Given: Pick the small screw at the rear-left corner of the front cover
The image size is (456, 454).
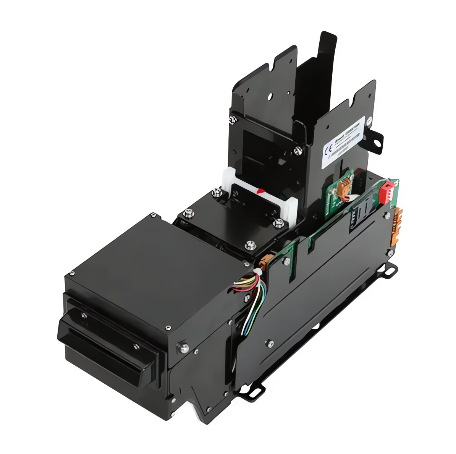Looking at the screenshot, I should tap(153, 216).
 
